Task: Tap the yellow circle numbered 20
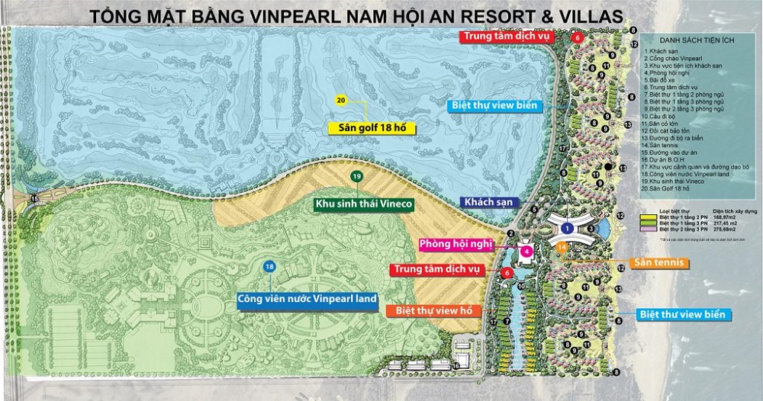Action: pos(341,100)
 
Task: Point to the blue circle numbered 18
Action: pos(269,266)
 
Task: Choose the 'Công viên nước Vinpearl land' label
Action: pos(307,299)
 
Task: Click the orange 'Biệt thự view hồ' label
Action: pos(431,310)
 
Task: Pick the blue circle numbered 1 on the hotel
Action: pos(566,228)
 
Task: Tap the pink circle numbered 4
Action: pos(526,250)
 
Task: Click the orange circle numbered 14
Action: pos(562,247)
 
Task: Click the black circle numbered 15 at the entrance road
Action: pos(33,199)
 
